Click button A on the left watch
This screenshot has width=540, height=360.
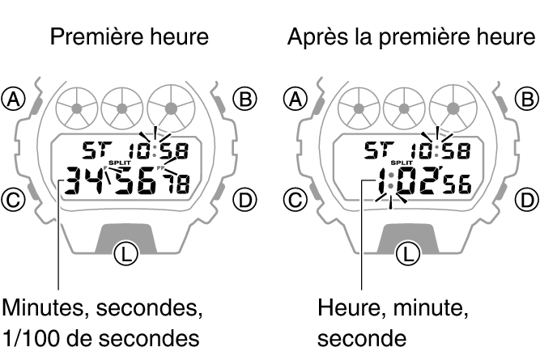coord(13,99)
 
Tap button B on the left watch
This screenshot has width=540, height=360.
coord(244,99)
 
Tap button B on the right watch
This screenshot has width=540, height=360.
coord(526,99)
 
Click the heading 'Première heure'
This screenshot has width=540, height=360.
coord(130,38)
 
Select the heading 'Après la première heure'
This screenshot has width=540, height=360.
coord(410,38)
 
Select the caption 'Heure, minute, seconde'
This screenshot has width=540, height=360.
coord(393,322)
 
